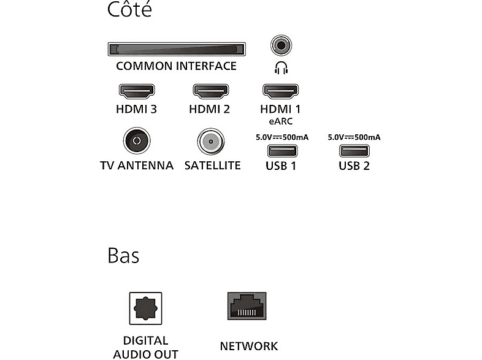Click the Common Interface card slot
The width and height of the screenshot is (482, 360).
(x=177, y=49)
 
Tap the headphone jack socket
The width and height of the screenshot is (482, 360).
(x=281, y=45)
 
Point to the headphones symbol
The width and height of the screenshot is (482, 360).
(x=281, y=67)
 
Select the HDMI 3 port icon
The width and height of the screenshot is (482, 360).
(x=137, y=91)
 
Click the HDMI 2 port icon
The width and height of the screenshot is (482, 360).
(x=210, y=91)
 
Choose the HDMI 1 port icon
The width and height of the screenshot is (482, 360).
(x=280, y=91)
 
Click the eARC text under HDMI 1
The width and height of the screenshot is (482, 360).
(x=281, y=121)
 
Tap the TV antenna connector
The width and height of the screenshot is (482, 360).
(x=137, y=140)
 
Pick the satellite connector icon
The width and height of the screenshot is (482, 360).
(x=210, y=142)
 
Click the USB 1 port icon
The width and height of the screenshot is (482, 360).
(x=282, y=151)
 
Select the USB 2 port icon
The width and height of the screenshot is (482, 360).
(x=354, y=151)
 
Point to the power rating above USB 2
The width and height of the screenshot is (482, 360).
(x=354, y=137)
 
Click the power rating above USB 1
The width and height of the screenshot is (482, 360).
(x=282, y=137)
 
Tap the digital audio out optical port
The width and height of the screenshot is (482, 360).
(x=145, y=308)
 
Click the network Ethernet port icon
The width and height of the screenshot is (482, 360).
(x=247, y=306)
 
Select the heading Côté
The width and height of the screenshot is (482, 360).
(x=129, y=9)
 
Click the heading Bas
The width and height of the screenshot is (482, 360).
(x=123, y=256)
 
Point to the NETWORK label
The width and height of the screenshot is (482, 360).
(x=249, y=346)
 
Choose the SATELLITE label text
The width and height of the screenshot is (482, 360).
(x=212, y=166)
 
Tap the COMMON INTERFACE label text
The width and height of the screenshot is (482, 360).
(x=176, y=66)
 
